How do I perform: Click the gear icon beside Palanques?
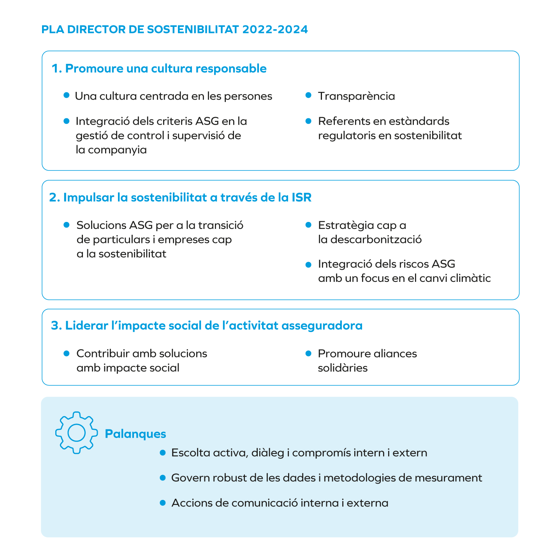[x=76, y=432]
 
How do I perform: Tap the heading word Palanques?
[x=135, y=434]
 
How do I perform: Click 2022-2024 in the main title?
[x=275, y=30]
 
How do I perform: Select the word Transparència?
[x=356, y=96]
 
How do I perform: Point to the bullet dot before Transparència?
[x=308, y=95]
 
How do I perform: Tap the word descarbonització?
[x=376, y=239]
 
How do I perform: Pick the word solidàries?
[x=343, y=368]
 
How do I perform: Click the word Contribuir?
[x=103, y=354]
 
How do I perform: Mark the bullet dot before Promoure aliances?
[x=308, y=353]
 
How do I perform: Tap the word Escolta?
[x=190, y=453]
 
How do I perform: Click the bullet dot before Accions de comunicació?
[x=163, y=503]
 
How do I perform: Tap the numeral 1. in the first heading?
[x=57, y=69]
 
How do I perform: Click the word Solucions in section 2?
[x=101, y=225]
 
